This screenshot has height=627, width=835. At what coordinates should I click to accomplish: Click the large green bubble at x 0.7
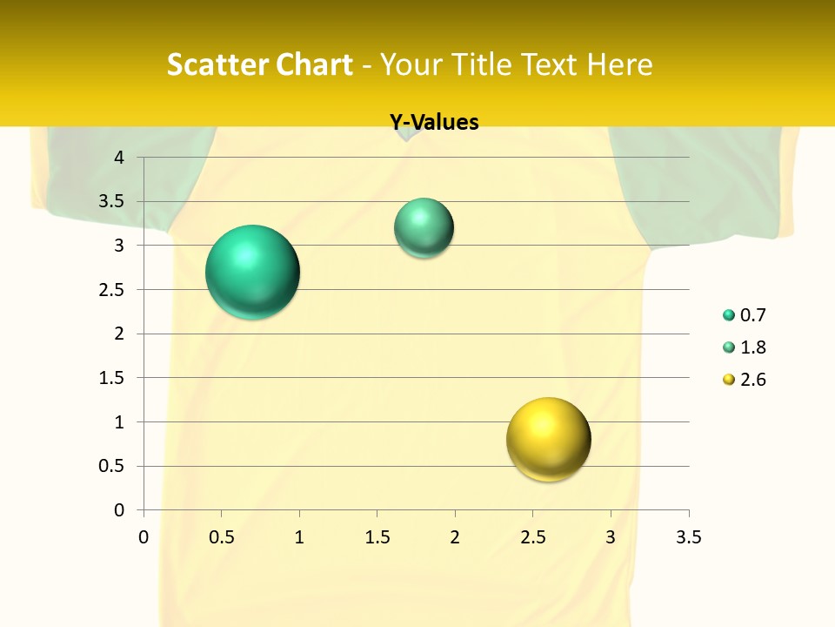click(x=253, y=272)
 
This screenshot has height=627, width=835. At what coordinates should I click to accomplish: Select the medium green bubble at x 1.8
click(x=424, y=228)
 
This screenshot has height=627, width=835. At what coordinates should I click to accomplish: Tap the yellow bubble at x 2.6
click(x=548, y=439)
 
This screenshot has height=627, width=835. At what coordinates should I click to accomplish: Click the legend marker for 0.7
click(x=729, y=315)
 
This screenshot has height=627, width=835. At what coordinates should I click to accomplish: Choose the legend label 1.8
click(x=753, y=347)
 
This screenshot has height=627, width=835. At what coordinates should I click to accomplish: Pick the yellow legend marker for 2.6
click(x=729, y=380)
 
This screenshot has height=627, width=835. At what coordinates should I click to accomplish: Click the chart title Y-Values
click(x=434, y=122)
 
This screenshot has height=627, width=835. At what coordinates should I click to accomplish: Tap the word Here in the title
click(x=619, y=64)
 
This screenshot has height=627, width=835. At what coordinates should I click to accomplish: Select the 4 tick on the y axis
click(x=120, y=158)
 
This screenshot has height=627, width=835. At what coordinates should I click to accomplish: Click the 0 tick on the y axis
click(x=120, y=509)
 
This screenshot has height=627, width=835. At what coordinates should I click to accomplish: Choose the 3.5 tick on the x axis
click(x=688, y=537)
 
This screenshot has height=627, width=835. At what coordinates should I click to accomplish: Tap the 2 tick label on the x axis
click(x=455, y=537)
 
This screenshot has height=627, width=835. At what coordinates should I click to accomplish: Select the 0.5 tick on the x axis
click(x=221, y=537)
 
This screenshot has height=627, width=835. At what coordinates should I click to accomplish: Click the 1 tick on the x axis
click(x=299, y=537)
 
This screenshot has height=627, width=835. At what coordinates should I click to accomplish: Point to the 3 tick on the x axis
click(x=611, y=537)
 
